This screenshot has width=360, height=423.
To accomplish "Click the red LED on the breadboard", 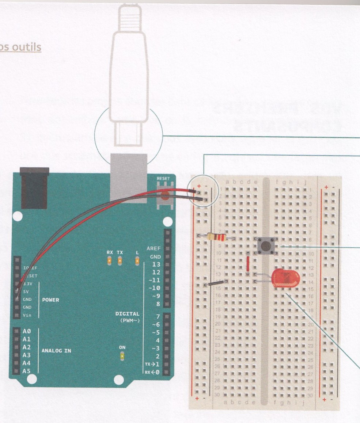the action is (x=285, y=279).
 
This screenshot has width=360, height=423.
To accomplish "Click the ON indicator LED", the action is (x=122, y=356).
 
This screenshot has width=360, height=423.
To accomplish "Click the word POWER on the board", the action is (x=50, y=300).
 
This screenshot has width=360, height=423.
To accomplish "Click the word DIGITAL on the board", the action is (x=127, y=313).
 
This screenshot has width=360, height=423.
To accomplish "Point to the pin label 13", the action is (x=156, y=264).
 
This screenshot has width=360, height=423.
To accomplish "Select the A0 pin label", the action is (x=27, y=331).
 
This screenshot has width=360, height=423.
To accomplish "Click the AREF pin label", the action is (x=153, y=248).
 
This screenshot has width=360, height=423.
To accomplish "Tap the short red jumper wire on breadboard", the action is (x=247, y=264).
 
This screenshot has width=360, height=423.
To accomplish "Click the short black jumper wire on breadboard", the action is (x=216, y=283).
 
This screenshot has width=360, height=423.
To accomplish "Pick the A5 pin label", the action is (x=27, y=371).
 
